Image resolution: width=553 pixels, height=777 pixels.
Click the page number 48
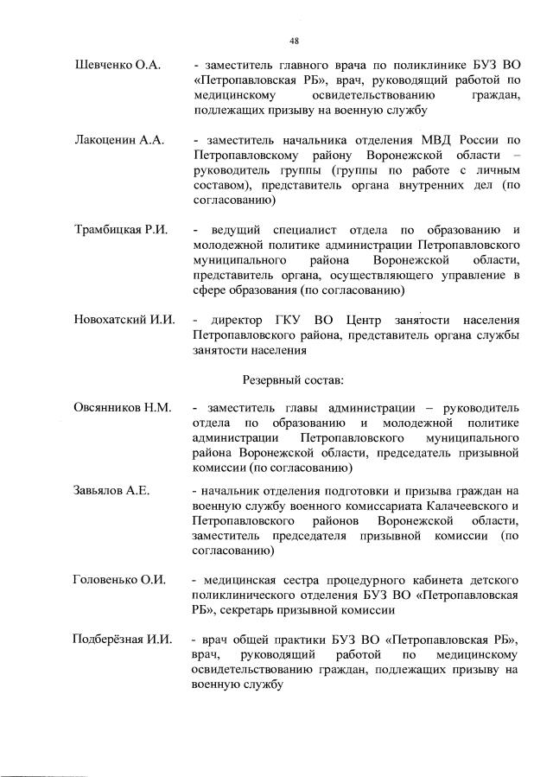[x=294, y=40]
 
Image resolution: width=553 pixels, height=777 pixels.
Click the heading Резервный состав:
[x=294, y=379]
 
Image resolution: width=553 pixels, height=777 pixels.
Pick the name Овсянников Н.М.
[x=123, y=408]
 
